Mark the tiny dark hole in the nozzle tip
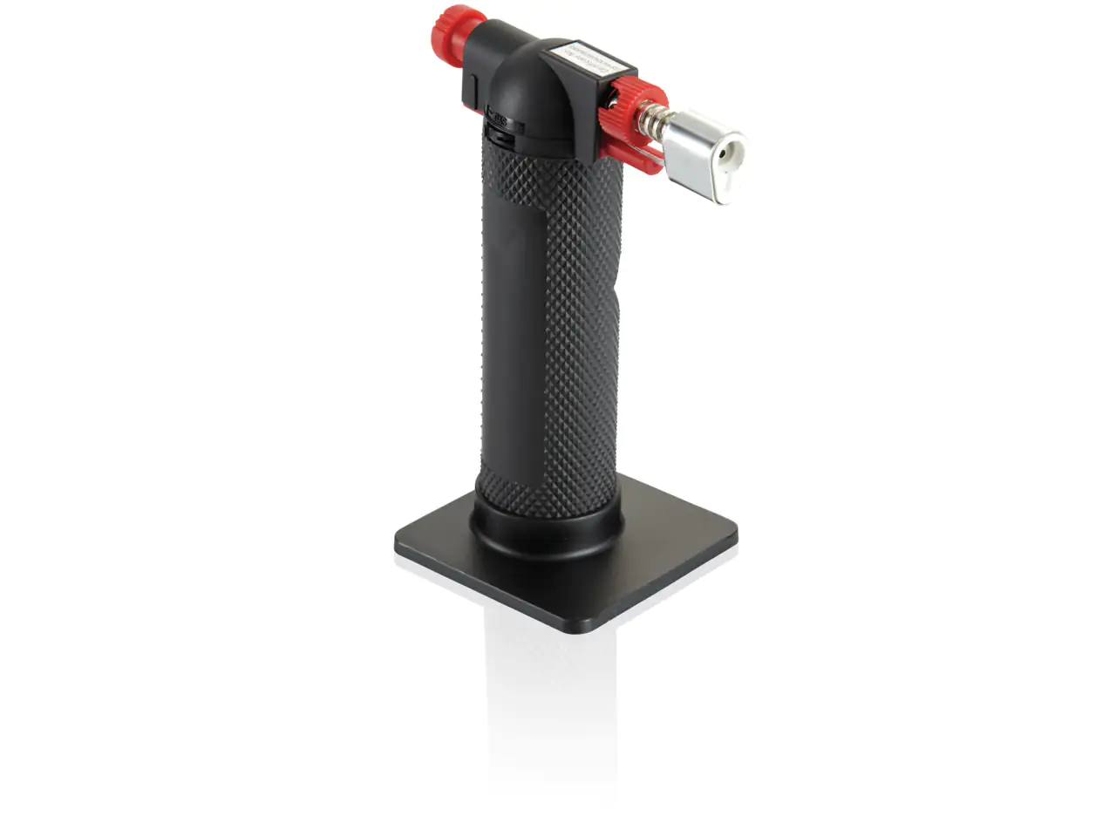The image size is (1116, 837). [x=725, y=153]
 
